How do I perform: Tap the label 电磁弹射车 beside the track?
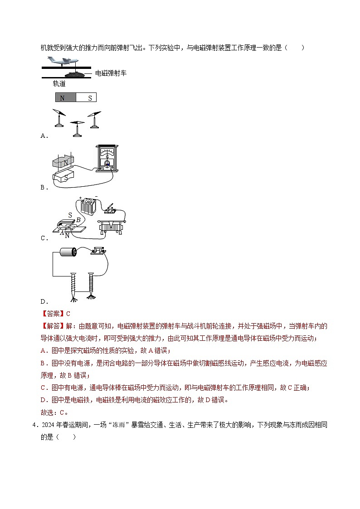tap(111, 73)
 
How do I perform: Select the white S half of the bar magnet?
tap(86, 97)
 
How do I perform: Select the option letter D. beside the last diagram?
tap(44, 301)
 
